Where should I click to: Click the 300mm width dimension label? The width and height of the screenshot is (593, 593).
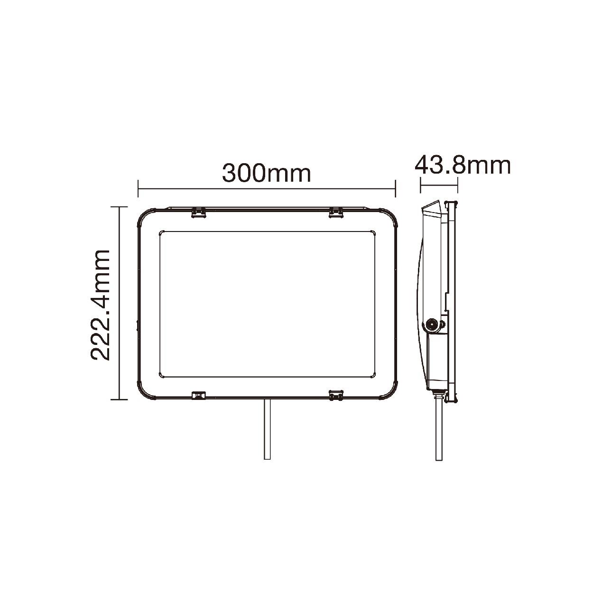tap(266, 174)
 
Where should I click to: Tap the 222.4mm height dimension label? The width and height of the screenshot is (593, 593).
tap(100, 305)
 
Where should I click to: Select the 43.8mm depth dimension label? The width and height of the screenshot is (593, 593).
tap(463, 166)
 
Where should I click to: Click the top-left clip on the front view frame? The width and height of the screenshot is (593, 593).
tap(198, 213)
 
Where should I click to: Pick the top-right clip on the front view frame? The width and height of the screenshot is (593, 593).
tap(336, 213)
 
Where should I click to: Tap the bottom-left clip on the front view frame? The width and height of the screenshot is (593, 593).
tap(198, 395)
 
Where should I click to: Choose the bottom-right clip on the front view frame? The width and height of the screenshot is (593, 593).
tap(336, 395)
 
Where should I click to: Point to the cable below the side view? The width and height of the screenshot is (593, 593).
tap(439, 434)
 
